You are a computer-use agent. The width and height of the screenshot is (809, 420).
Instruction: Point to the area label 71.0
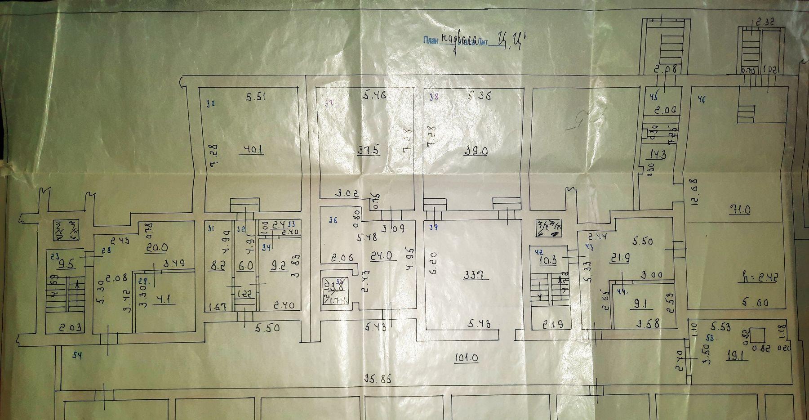[740, 210]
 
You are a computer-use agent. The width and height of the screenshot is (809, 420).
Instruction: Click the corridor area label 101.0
[466, 358]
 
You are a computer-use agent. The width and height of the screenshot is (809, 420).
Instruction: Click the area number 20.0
[159, 247]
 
